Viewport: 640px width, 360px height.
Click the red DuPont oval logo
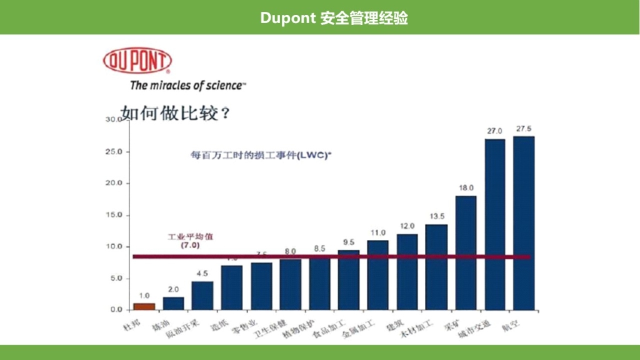(137, 61)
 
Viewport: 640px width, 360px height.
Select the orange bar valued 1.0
(144, 306)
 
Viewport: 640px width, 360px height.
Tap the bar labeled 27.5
(524, 222)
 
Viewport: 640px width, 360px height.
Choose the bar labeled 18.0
(466, 252)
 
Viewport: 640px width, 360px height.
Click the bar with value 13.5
(436, 267)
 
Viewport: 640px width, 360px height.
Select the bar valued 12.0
(407, 272)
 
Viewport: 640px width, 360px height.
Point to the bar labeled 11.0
(377, 275)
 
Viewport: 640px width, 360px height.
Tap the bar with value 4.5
(202, 296)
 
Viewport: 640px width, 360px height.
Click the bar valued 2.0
(174, 303)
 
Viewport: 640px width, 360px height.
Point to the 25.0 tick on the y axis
(114, 152)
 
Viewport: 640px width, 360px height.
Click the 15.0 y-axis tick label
(114, 215)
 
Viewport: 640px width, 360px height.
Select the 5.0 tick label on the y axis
(116, 278)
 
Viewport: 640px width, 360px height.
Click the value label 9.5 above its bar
(349, 242)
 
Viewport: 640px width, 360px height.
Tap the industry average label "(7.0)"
(190, 246)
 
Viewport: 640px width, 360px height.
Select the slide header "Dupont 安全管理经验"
(334, 17)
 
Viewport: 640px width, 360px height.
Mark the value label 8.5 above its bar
(319, 248)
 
